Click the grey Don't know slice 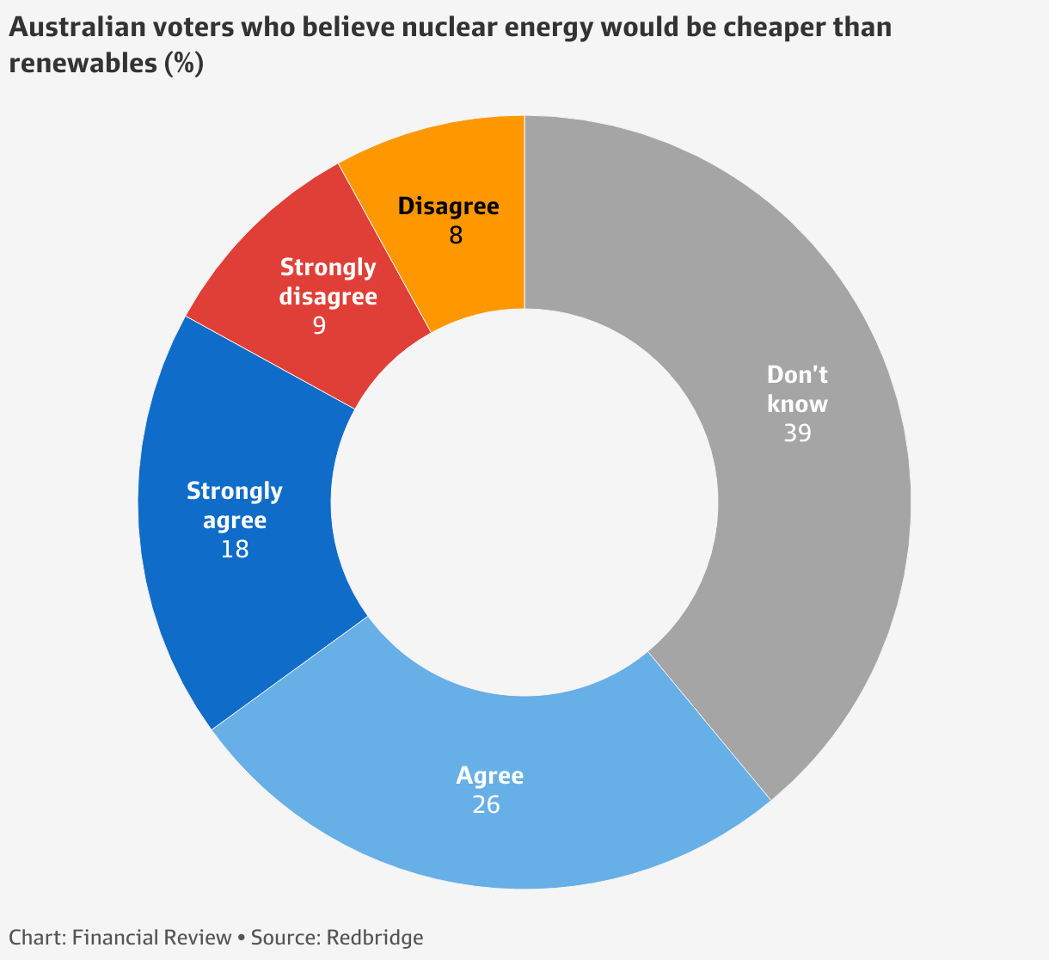coord(825,533)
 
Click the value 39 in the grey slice coord(797,433)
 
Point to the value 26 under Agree coord(486,804)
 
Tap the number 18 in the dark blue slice coord(234,549)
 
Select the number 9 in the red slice coord(319,326)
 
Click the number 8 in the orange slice coord(456,235)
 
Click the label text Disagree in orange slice coord(449,206)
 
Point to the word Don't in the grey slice coord(797,375)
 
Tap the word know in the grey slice coord(797,403)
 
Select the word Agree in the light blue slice coord(489,776)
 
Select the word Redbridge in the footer coord(375,937)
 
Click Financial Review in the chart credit coord(151,937)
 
